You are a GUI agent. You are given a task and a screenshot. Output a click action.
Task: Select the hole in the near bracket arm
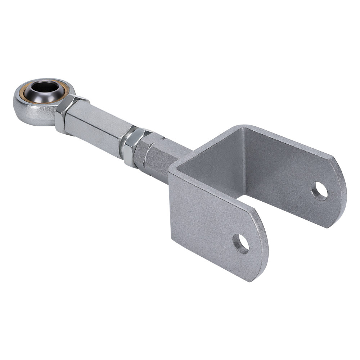[240, 243]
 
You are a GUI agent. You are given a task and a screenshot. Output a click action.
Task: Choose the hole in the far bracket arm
[319, 191]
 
